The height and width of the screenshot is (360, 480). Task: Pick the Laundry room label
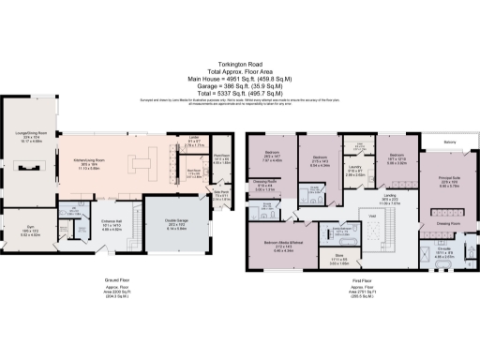355,172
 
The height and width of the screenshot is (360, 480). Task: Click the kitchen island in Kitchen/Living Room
142,165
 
